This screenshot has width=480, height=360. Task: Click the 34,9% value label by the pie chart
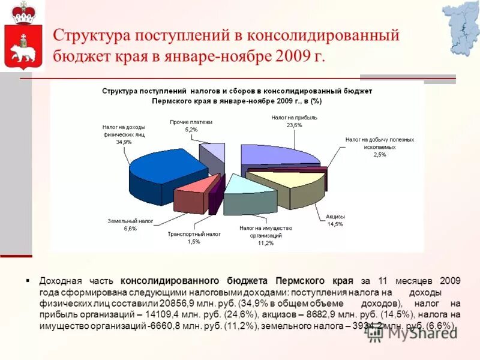[x=124, y=142]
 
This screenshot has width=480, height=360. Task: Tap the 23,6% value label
[x=294, y=125]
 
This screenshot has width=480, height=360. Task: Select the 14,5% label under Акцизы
[x=335, y=224]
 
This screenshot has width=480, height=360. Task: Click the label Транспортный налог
[x=194, y=234]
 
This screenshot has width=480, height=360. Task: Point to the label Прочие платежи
[x=191, y=122]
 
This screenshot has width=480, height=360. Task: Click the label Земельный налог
[x=130, y=221]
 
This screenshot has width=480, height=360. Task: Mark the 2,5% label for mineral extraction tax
[x=379, y=155]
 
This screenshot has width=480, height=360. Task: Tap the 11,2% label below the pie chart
[x=265, y=243]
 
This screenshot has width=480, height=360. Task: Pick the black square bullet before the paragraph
[x=28, y=280]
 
